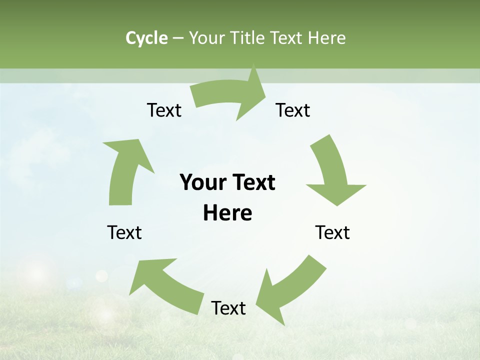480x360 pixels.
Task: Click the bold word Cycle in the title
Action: tap(146, 38)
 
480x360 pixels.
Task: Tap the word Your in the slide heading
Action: tap(206, 38)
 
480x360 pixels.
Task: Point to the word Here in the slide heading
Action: tap(326, 38)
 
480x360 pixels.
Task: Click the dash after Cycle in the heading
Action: tap(178, 38)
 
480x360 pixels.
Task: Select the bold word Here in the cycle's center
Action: tap(227, 213)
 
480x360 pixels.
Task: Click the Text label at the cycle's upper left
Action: tap(164, 110)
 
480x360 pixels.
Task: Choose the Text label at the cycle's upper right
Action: tap(293, 110)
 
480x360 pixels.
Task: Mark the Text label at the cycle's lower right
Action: tap(332, 232)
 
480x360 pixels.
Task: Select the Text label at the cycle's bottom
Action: tap(228, 308)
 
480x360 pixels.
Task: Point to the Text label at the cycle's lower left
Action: tap(124, 232)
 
